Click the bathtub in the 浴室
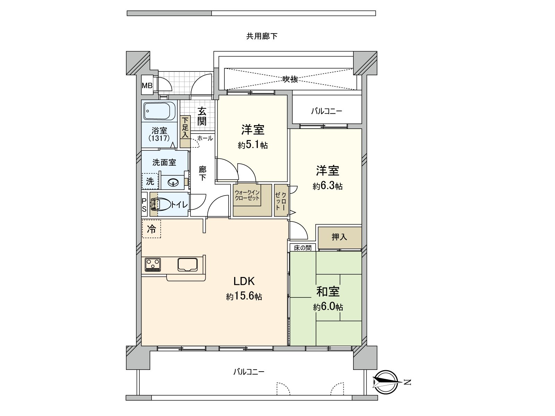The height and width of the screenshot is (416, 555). (x=159, y=111)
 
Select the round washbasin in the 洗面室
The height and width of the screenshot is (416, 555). (x=173, y=182)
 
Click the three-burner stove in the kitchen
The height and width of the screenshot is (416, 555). (x=153, y=265)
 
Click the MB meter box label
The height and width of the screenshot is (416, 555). (x=147, y=85)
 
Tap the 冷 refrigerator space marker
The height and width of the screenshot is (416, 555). (x=152, y=229)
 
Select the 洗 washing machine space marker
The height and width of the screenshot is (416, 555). (x=150, y=181)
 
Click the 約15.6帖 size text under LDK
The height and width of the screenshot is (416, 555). (x=244, y=296)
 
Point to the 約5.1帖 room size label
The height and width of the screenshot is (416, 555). (x=253, y=145)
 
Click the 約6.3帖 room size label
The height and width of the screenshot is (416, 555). (x=327, y=186)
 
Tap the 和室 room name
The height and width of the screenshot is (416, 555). (x=328, y=292)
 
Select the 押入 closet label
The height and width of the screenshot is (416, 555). (x=339, y=237)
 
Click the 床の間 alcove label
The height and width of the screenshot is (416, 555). (x=302, y=248)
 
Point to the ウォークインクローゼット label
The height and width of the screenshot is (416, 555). (x=247, y=195)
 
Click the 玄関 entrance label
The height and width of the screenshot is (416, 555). (x=202, y=116)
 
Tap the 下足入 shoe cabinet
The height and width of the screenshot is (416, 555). (x=185, y=131)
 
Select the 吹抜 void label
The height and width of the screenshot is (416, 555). (x=290, y=79)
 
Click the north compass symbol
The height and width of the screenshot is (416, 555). (x=386, y=382)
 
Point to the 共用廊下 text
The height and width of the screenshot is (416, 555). (x=262, y=36)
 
